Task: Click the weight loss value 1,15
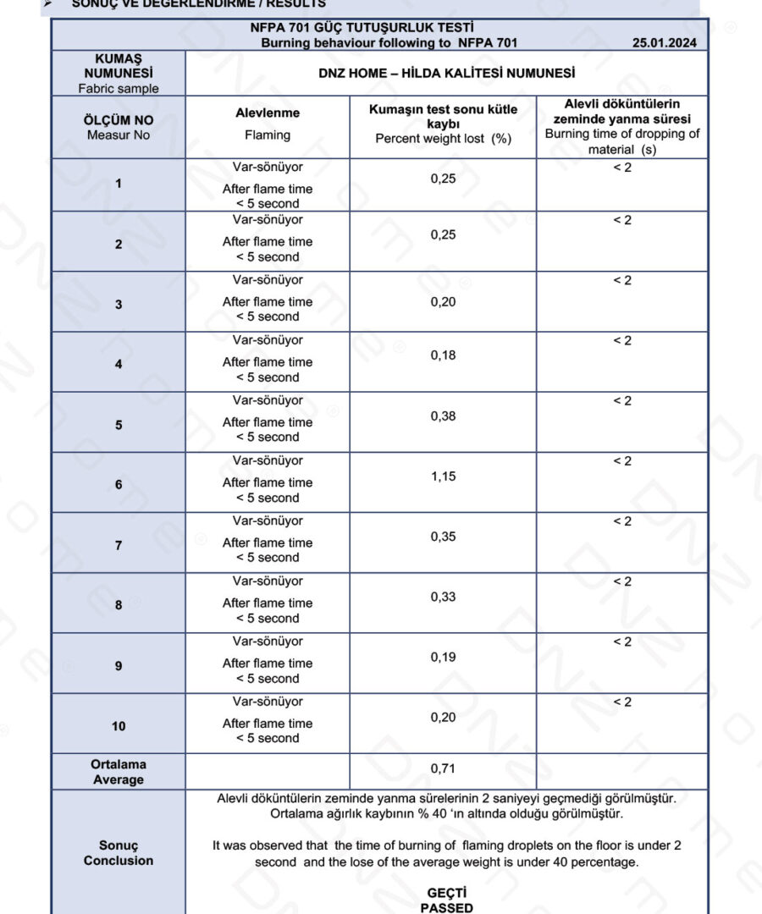(x=443, y=476)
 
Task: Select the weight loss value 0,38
(x=443, y=416)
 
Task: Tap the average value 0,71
(x=443, y=768)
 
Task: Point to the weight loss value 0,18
(x=443, y=355)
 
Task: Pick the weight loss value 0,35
(x=443, y=537)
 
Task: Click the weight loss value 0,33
(x=443, y=597)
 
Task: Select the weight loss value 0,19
(x=443, y=657)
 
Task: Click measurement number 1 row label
(x=119, y=184)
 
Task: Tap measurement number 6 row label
(x=119, y=485)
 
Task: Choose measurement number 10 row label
(x=119, y=726)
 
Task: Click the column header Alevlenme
(x=268, y=113)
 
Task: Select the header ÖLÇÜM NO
(x=119, y=120)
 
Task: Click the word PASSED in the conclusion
(x=446, y=907)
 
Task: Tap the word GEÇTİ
(x=446, y=893)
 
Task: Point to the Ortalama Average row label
(x=119, y=772)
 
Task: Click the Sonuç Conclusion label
(x=119, y=853)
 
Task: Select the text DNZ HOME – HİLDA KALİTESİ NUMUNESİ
(x=446, y=74)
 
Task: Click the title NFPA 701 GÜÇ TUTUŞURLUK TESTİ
(x=379, y=28)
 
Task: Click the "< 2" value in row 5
(x=622, y=401)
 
